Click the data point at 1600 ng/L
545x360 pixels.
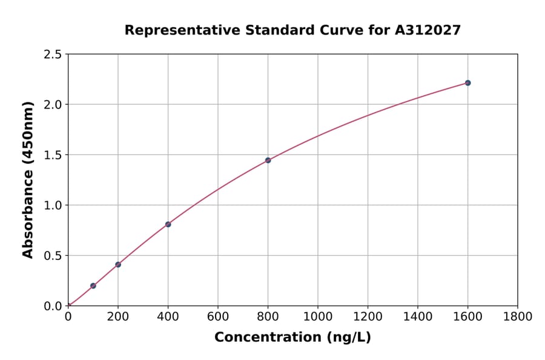467,83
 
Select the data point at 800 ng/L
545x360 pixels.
268,160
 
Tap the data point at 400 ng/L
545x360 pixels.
168,224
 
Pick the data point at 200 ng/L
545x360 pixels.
118,264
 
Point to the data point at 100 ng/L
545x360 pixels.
93,285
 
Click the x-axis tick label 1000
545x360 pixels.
317,316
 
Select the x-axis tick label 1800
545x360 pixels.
517,316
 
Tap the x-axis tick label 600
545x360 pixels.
218,316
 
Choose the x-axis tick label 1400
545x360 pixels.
417,316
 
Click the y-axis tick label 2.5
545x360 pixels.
53,55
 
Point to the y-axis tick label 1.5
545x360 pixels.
53,155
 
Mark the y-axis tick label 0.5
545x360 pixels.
53,256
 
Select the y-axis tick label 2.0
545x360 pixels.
53,105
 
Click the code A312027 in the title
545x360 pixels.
429,30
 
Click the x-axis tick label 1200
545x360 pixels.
368,316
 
